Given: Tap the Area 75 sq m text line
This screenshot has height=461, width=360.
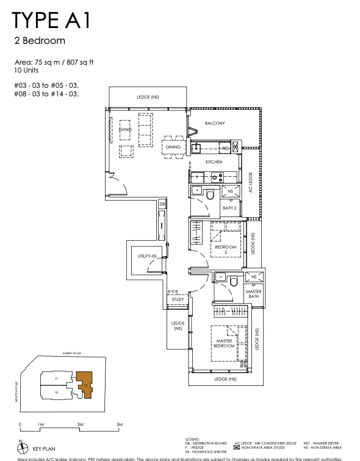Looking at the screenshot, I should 55,63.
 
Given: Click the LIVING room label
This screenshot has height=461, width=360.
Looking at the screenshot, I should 126,130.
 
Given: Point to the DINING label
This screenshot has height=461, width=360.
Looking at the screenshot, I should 173,147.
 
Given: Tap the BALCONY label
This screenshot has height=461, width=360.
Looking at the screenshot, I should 215,123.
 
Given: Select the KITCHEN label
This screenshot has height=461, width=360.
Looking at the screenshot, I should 214,162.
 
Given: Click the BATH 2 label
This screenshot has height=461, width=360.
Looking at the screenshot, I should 229,208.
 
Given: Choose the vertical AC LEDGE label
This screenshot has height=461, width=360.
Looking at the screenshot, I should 250,182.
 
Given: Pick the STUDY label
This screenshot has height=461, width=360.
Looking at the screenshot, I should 178,299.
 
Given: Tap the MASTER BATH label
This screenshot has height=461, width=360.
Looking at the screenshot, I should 254,295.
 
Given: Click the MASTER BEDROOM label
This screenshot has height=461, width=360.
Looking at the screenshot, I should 225,343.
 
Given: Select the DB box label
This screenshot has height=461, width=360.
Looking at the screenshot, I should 162,203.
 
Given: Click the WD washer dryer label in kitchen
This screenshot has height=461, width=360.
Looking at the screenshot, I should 225,148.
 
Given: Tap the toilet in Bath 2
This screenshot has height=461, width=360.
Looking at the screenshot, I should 209,195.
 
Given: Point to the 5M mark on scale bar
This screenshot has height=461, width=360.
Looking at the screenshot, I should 120,423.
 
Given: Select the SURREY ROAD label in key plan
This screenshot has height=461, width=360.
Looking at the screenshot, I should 71,353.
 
